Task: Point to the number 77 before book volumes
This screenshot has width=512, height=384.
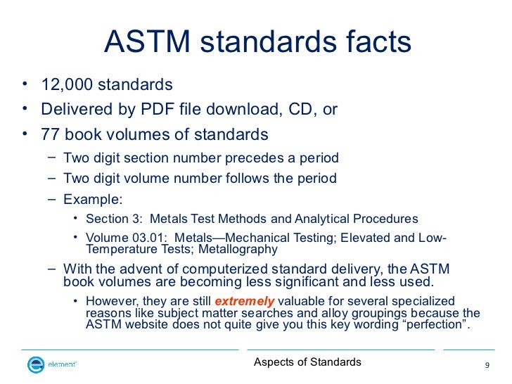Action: [50, 134]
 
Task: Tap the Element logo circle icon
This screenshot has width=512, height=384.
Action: [35, 364]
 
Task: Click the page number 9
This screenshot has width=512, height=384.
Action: [487, 365]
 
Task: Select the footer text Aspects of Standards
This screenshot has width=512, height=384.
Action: [307, 362]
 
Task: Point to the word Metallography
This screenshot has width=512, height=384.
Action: [238, 249]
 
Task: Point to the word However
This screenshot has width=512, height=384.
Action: [112, 301]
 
